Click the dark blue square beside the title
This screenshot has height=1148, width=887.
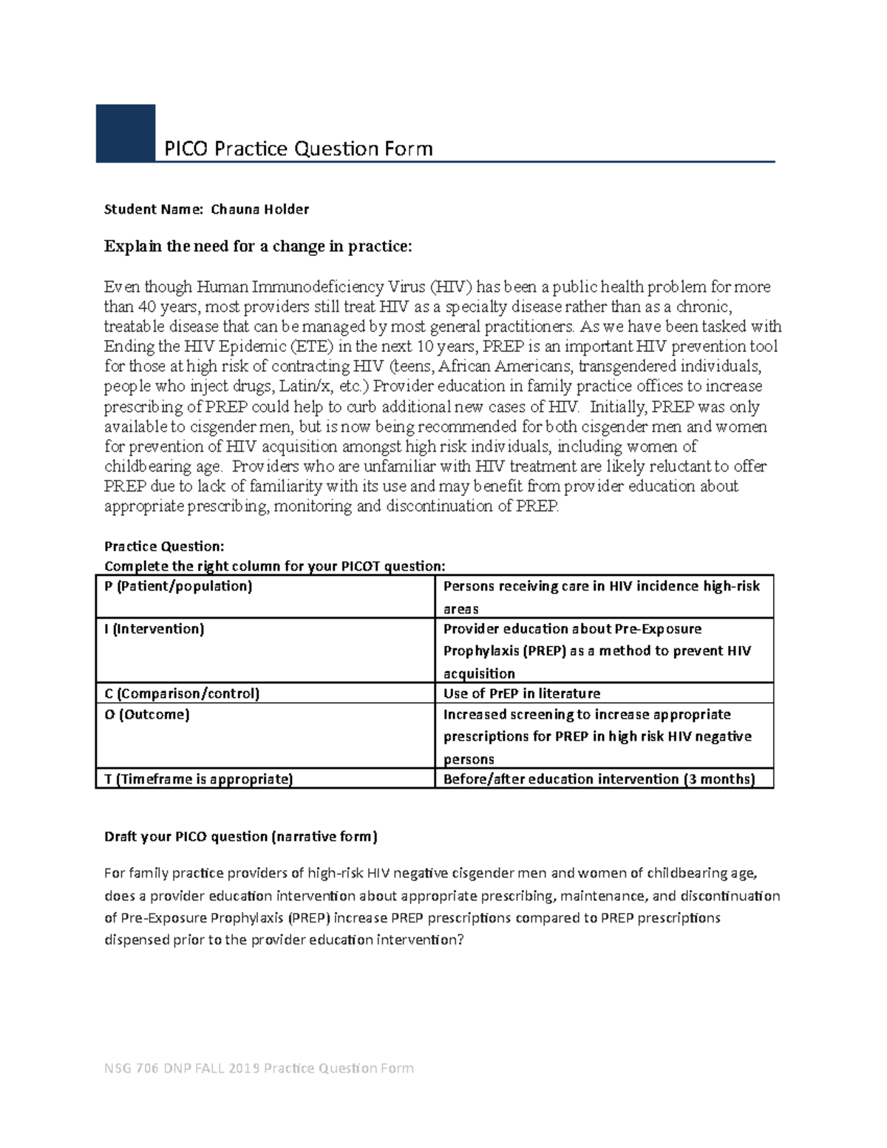point(126,132)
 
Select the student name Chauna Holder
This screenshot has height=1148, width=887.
point(259,209)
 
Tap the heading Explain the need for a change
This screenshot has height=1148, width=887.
point(257,246)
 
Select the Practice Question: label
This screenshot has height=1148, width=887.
point(163,546)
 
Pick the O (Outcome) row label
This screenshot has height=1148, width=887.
point(147,715)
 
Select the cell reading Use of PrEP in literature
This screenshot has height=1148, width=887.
point(521,693)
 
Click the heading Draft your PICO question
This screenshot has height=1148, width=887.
point(240,837)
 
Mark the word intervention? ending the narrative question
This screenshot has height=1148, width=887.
point(421,940)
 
